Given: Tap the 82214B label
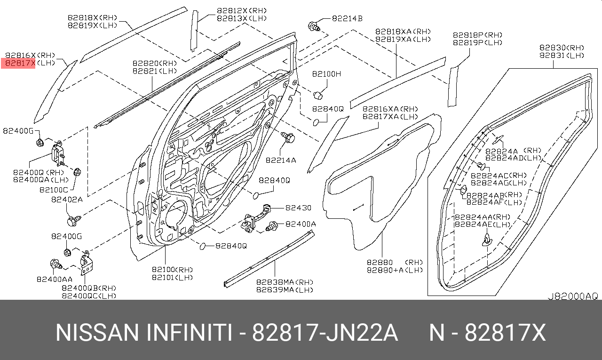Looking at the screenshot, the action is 347,18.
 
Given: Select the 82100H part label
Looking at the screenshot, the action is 326,74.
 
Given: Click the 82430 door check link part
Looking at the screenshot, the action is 255,219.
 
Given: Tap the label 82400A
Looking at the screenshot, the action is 301,224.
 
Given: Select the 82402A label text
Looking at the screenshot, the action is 67,200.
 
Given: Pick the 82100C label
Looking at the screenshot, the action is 54,190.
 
